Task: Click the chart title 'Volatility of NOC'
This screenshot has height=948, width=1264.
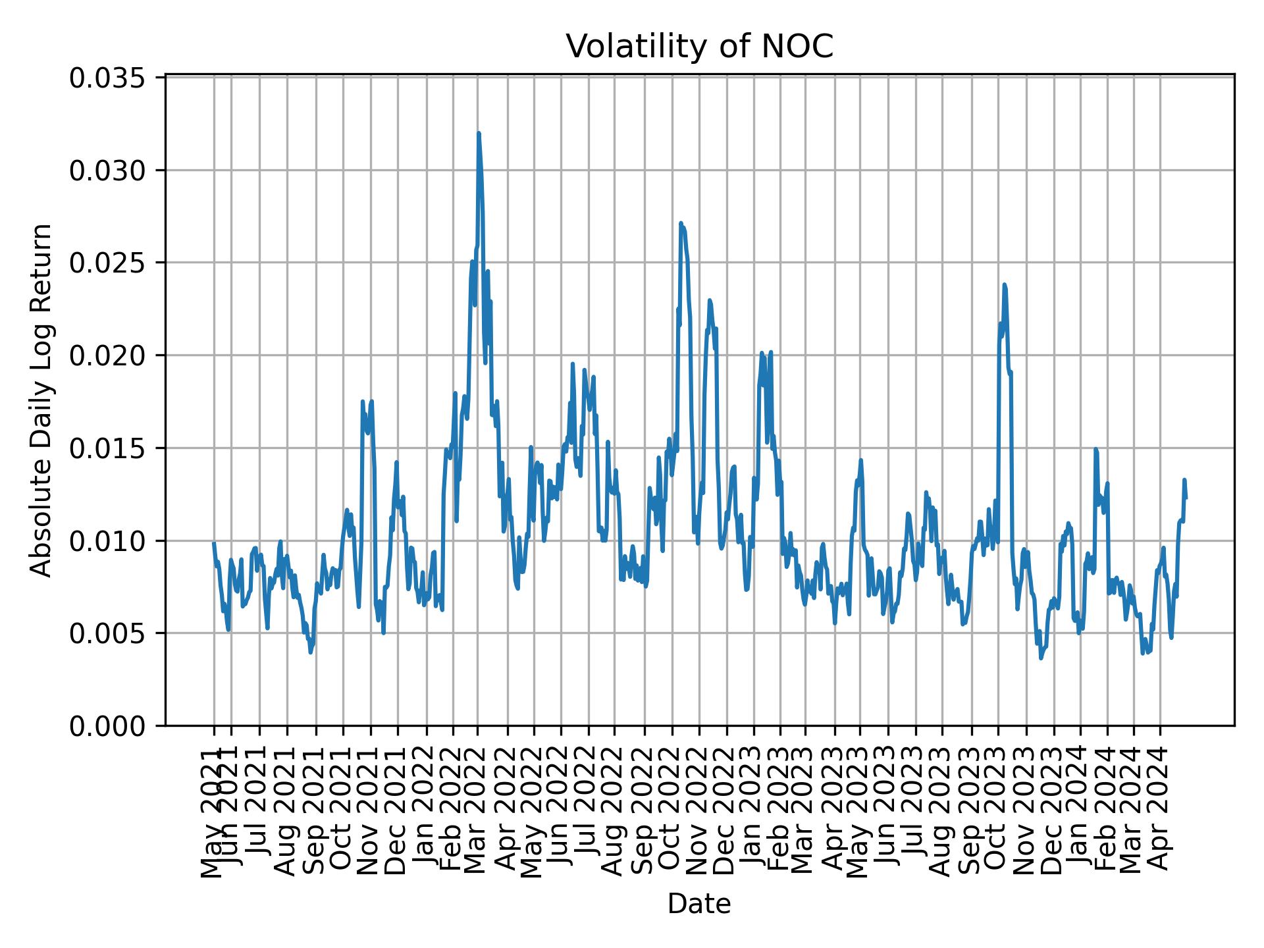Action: [x=699, y=47]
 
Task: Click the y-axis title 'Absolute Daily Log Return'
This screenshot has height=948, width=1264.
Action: [x=42, y=400]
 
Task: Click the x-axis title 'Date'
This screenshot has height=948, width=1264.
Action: [x=699, y=904]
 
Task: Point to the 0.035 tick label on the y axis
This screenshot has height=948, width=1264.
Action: [x=108, y=78]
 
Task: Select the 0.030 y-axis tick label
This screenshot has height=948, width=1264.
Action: [x=108, y=171]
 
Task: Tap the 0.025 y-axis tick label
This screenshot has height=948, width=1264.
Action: [x=108, y=263]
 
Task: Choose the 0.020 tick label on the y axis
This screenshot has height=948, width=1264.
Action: [x=108, y=356]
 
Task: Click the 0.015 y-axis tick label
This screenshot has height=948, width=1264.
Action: [x=108, y=448]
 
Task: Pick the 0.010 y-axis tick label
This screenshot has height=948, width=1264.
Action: [x=108, y=541]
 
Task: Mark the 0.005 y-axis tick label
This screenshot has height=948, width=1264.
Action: [x=108, y=633]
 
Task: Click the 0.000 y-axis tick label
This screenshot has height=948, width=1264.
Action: [x=108, y=726]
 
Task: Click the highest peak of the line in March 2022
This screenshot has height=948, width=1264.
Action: [x=479, y=134]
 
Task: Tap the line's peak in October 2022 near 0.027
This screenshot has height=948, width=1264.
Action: [x=681, y=223]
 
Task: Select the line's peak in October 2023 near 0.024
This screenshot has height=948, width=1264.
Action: [x=1004, y=284]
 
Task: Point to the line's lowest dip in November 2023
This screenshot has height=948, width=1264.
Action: [x=1041, y=658]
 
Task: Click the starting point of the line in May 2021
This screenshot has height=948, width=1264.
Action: [x=214, y=543]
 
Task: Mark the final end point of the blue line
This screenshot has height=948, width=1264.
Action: [x=1185, y=498]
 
